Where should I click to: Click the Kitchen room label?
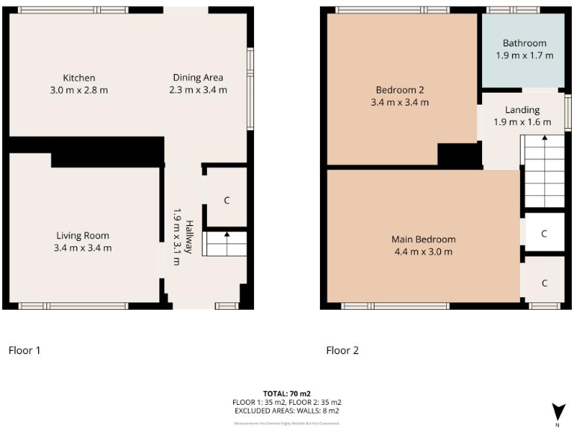[78, 78]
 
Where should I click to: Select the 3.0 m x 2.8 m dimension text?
[78, 90]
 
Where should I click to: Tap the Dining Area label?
[197, 78]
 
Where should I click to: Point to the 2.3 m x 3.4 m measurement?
[197, 90]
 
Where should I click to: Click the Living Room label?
[82, 236]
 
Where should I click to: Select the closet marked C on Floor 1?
[226, 201]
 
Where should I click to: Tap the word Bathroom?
[524, 43]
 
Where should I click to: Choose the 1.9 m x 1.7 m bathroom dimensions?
[524, 55]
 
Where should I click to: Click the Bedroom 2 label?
[400, 90]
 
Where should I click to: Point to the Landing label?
[522, 110]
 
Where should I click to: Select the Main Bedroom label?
[423, 239]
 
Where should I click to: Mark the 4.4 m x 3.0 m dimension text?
[423, 251]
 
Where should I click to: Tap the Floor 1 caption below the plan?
[24, 349]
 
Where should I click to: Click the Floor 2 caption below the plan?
[342, 349]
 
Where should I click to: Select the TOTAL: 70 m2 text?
[286, 394]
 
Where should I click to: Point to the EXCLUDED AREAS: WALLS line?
[286, 410]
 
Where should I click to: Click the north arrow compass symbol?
[557, 411]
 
